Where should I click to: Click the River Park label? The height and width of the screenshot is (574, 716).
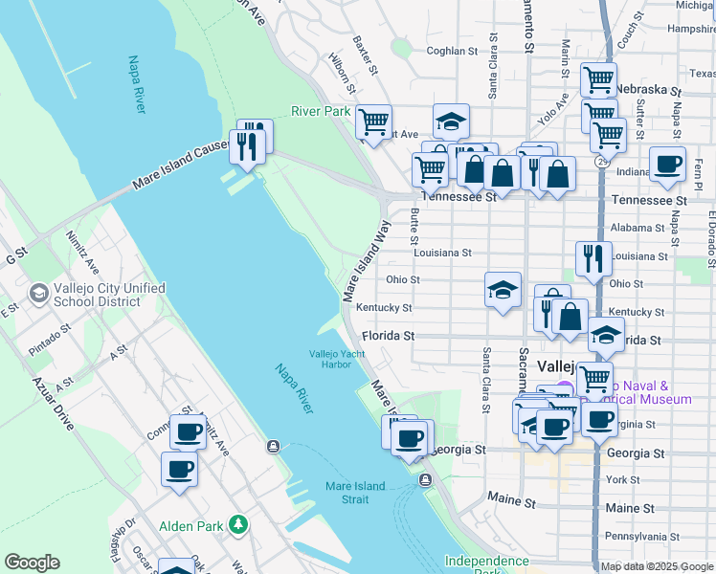[321, 111]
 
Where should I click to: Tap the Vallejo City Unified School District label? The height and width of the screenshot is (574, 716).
[97, 295]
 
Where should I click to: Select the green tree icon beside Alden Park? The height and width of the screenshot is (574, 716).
[238, 525]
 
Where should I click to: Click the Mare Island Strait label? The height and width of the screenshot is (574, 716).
[354, 492]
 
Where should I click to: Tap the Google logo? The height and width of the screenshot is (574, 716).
[32, 563]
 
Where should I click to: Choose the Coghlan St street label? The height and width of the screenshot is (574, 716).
[452, 51]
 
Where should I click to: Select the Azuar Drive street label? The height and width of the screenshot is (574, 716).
[51, 403]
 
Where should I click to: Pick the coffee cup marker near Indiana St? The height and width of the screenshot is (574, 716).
[667, 164]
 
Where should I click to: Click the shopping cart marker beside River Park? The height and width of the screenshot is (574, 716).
[372, 121]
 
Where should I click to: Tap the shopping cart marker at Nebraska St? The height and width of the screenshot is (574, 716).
[599, 80]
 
